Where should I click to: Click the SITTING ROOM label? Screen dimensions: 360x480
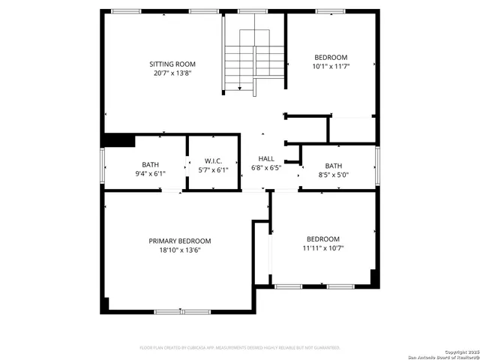(172, 64)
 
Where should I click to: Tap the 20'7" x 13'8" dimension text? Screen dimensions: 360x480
(172, 73)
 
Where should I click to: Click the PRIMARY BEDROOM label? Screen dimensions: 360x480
(179, 241)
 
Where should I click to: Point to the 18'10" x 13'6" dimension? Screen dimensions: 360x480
(179, 250)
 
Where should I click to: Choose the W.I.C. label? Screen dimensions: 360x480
(214, 162)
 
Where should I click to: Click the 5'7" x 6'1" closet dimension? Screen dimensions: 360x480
(214, 171)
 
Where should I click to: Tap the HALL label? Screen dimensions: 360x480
(266, 159)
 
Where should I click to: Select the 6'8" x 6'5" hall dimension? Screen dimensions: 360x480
(266, 168)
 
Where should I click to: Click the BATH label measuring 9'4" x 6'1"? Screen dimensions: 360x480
(150, 165)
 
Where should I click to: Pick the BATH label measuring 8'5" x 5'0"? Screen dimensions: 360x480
(333, 166)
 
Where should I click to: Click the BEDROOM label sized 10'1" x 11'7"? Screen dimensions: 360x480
(331, 58)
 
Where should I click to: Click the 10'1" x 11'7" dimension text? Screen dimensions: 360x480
(331, 67)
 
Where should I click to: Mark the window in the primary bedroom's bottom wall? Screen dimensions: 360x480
(182, 311)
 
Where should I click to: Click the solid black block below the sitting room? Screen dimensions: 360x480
(118, 140)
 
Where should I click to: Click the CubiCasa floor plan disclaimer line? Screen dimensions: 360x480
(240, 348)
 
